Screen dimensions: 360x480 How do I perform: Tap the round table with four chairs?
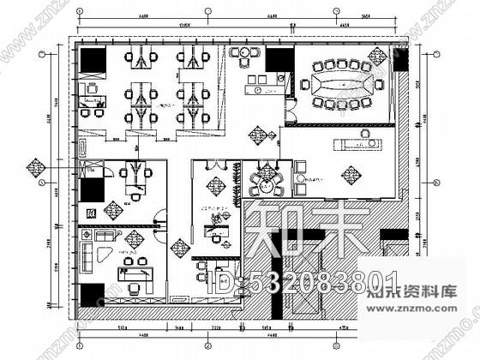pyautogui.click(x=265, y=182)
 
